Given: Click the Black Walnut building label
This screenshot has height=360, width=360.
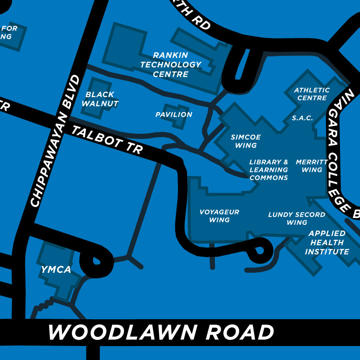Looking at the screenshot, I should coord(100,99).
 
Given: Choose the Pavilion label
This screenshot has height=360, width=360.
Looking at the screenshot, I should coord(174,115).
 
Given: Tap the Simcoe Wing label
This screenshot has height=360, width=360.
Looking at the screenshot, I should coord(246,141).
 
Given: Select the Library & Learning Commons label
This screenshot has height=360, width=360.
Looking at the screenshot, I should coord(268,170).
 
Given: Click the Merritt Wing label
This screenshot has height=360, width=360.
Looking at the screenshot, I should coord(312,166).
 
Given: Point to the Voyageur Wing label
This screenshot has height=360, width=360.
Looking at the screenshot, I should coord(219,216).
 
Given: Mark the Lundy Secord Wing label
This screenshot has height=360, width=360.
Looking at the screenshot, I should coord(296,218).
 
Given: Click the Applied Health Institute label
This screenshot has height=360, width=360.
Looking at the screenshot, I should coord(327,242).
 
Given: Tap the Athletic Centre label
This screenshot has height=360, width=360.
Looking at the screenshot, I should coord(312,94).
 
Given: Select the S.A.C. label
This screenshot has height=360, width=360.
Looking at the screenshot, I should coord(302,118).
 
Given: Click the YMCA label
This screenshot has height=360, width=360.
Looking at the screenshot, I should coord(56,270).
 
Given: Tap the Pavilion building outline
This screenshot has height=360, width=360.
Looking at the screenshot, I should coord(177,116).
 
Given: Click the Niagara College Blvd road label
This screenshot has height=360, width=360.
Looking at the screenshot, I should coord(339,152).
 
